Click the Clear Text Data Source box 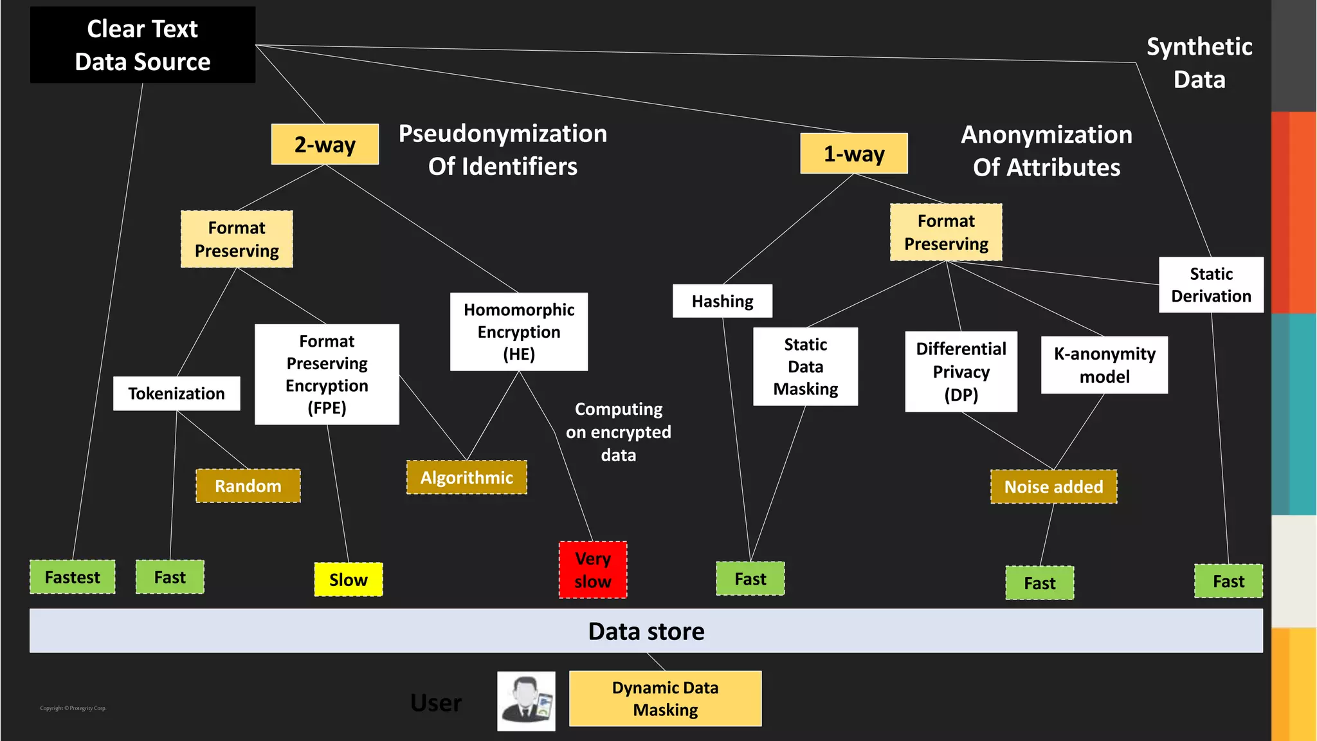pyautogui.click(x=142, y=45)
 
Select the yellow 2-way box pyautogui.click(x=325, y=144)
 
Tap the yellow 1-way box pyautogui.click(x=853, y=154)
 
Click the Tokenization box pyautogui.click(x=176, y=394)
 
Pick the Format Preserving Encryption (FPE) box pyautogui.click(x=327, y=374)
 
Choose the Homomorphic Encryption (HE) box pyautogui.click(x=518, y=332)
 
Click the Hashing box pyautogui.click(x=722, y=301)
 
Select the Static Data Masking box pyautogui.click(x=805, y=367)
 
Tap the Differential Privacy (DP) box pyautogui.click(x=961, y=372)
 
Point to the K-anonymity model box pyautogui.click(x=1104, y=365)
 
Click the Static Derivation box pyautogui.click(x=1211, y=285)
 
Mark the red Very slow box pyautogui.click(x=592, y=570)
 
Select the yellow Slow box pyautogui.click(x=348, y=580)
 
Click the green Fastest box pyautogui.click(x=73, y=577)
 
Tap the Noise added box pyautogui.click(x=1053, y=487)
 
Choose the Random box pyautogui.click(x=248, y=486)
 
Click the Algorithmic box pyautogui.click(x=466, y=477)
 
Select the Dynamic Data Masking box pyautogui.click(x=665, y=699)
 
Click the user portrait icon pyautogui.click(x=526, y=701)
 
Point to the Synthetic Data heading pyautogui.click(x=1199, y=63)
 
